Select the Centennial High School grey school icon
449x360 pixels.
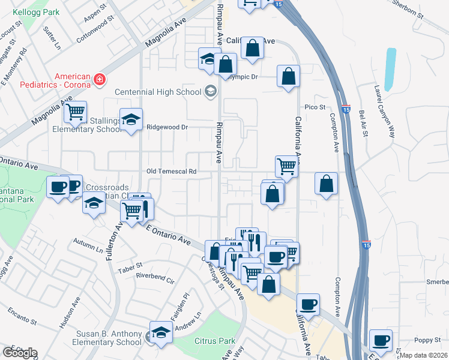pos(210,92)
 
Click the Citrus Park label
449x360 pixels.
pos(215,341)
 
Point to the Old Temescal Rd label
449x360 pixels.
pos(172,172)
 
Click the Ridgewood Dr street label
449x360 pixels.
pos(168,127)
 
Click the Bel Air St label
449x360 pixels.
pos(362,122)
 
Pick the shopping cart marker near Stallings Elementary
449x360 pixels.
pos(75,112)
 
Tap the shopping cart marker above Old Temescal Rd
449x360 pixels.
pos(287,166)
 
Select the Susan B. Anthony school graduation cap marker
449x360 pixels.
pos(161,333)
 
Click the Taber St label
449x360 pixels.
pos(130,265)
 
